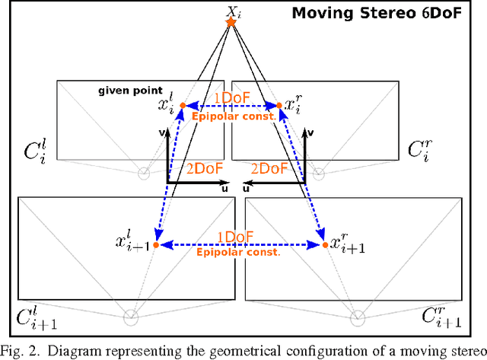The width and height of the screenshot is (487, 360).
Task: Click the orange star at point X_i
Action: click(231, 23)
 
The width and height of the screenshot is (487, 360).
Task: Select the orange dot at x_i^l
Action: click(183, 105)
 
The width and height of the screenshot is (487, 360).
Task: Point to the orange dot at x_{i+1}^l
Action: click(156, 245)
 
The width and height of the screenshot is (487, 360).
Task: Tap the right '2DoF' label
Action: click(269, 169)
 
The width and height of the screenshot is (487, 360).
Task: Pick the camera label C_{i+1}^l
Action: click(37, 319)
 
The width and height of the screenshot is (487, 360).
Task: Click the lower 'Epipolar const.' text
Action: click(238, 253)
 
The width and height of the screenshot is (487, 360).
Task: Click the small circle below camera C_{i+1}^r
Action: click(357, 317)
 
